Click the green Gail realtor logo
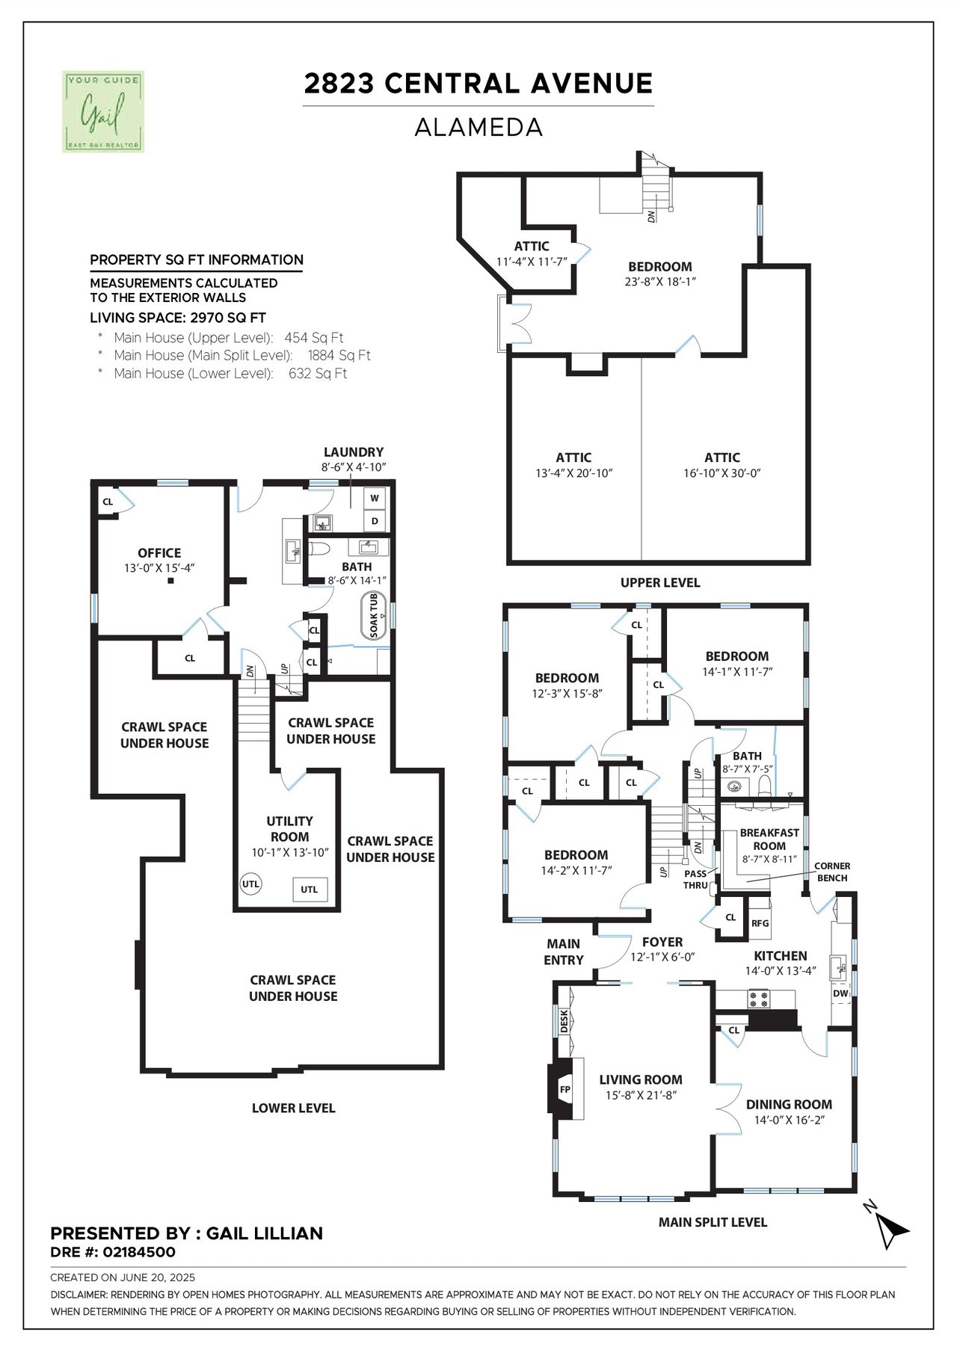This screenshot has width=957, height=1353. click(x=103, y=112)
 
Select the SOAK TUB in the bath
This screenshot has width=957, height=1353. click(x=374, y=617)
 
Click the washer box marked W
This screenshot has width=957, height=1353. click(x=375, y=498)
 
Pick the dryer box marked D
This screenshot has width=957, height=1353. click(x=375, y=520)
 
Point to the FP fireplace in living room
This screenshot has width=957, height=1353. click(x=565, y=1089)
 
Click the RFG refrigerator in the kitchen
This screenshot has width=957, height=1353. click(x=760, y=923)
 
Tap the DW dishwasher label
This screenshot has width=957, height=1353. click(x=840, y=993)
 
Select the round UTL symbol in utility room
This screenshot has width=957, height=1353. click(x=250, y=884)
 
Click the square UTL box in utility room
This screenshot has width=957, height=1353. click(x=310, y=889)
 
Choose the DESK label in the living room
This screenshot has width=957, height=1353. click(x=564, y=1020)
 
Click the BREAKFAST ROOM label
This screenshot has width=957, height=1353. click(x=769, y=839)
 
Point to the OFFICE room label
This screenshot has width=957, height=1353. click(x=159, y=553)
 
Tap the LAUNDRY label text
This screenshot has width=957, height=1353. click(x=354, y=452)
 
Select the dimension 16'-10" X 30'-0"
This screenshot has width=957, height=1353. click(x=722, y=473)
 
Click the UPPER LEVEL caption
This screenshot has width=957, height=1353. click(x=660, y=582)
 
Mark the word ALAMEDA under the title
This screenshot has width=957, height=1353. click(x=478, y=128)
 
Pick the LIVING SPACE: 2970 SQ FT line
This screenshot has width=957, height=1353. click(x=178, y=318)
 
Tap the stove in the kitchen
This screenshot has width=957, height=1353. click(x=760, y=998)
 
